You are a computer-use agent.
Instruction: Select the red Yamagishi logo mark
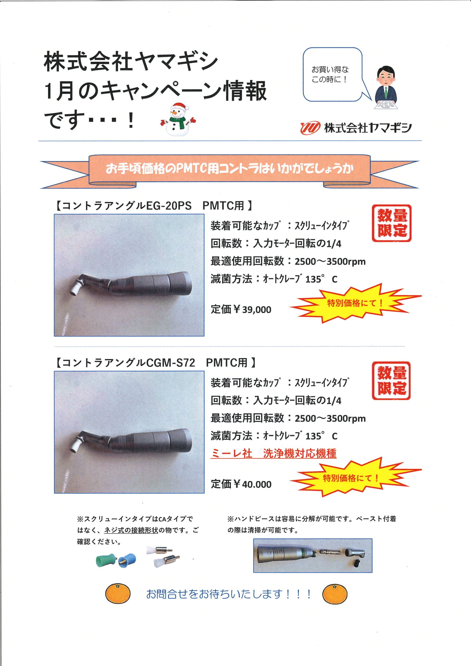(x=310, y=128)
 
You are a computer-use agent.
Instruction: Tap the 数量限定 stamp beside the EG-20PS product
(x=392, y=223)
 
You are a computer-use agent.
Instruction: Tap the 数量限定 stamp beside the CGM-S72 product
(x=391, y=381)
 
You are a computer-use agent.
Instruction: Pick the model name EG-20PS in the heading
(x=169, y=206)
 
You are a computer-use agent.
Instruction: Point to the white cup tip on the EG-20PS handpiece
(x=75, y=290)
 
